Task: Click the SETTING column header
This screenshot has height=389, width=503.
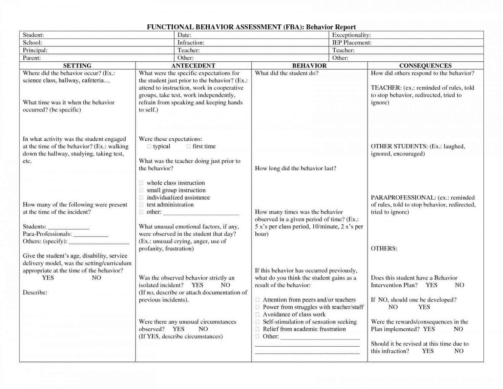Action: click(77, 66)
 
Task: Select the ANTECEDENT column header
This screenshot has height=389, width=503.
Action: click(193, 66)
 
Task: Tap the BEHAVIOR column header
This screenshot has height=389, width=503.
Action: click(309, 66)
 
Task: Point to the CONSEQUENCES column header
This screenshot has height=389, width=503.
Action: click(425, 66)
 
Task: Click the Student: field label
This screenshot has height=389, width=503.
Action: click(33, 35)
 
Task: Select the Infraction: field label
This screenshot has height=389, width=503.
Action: click(191, 43)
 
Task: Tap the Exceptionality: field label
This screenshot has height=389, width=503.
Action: click(351, 35)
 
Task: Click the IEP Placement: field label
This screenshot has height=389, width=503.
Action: click(352, 43)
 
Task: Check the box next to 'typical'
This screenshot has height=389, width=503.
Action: click(149, 146)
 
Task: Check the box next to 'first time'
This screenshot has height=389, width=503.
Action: click(189, 146)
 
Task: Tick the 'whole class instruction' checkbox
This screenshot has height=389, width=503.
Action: click(141, 183)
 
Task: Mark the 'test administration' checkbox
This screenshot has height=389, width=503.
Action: click(141, 205)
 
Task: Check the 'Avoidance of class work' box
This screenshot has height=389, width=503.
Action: click(257, 314)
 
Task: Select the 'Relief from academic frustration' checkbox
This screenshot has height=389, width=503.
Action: click(257, 329)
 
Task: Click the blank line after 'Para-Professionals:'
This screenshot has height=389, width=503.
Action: click(91, 235)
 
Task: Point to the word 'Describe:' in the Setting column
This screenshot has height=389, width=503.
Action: click(35, 292)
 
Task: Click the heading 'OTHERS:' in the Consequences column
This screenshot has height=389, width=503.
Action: click(384, 248)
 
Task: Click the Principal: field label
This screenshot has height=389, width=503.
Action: click(35, 50)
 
